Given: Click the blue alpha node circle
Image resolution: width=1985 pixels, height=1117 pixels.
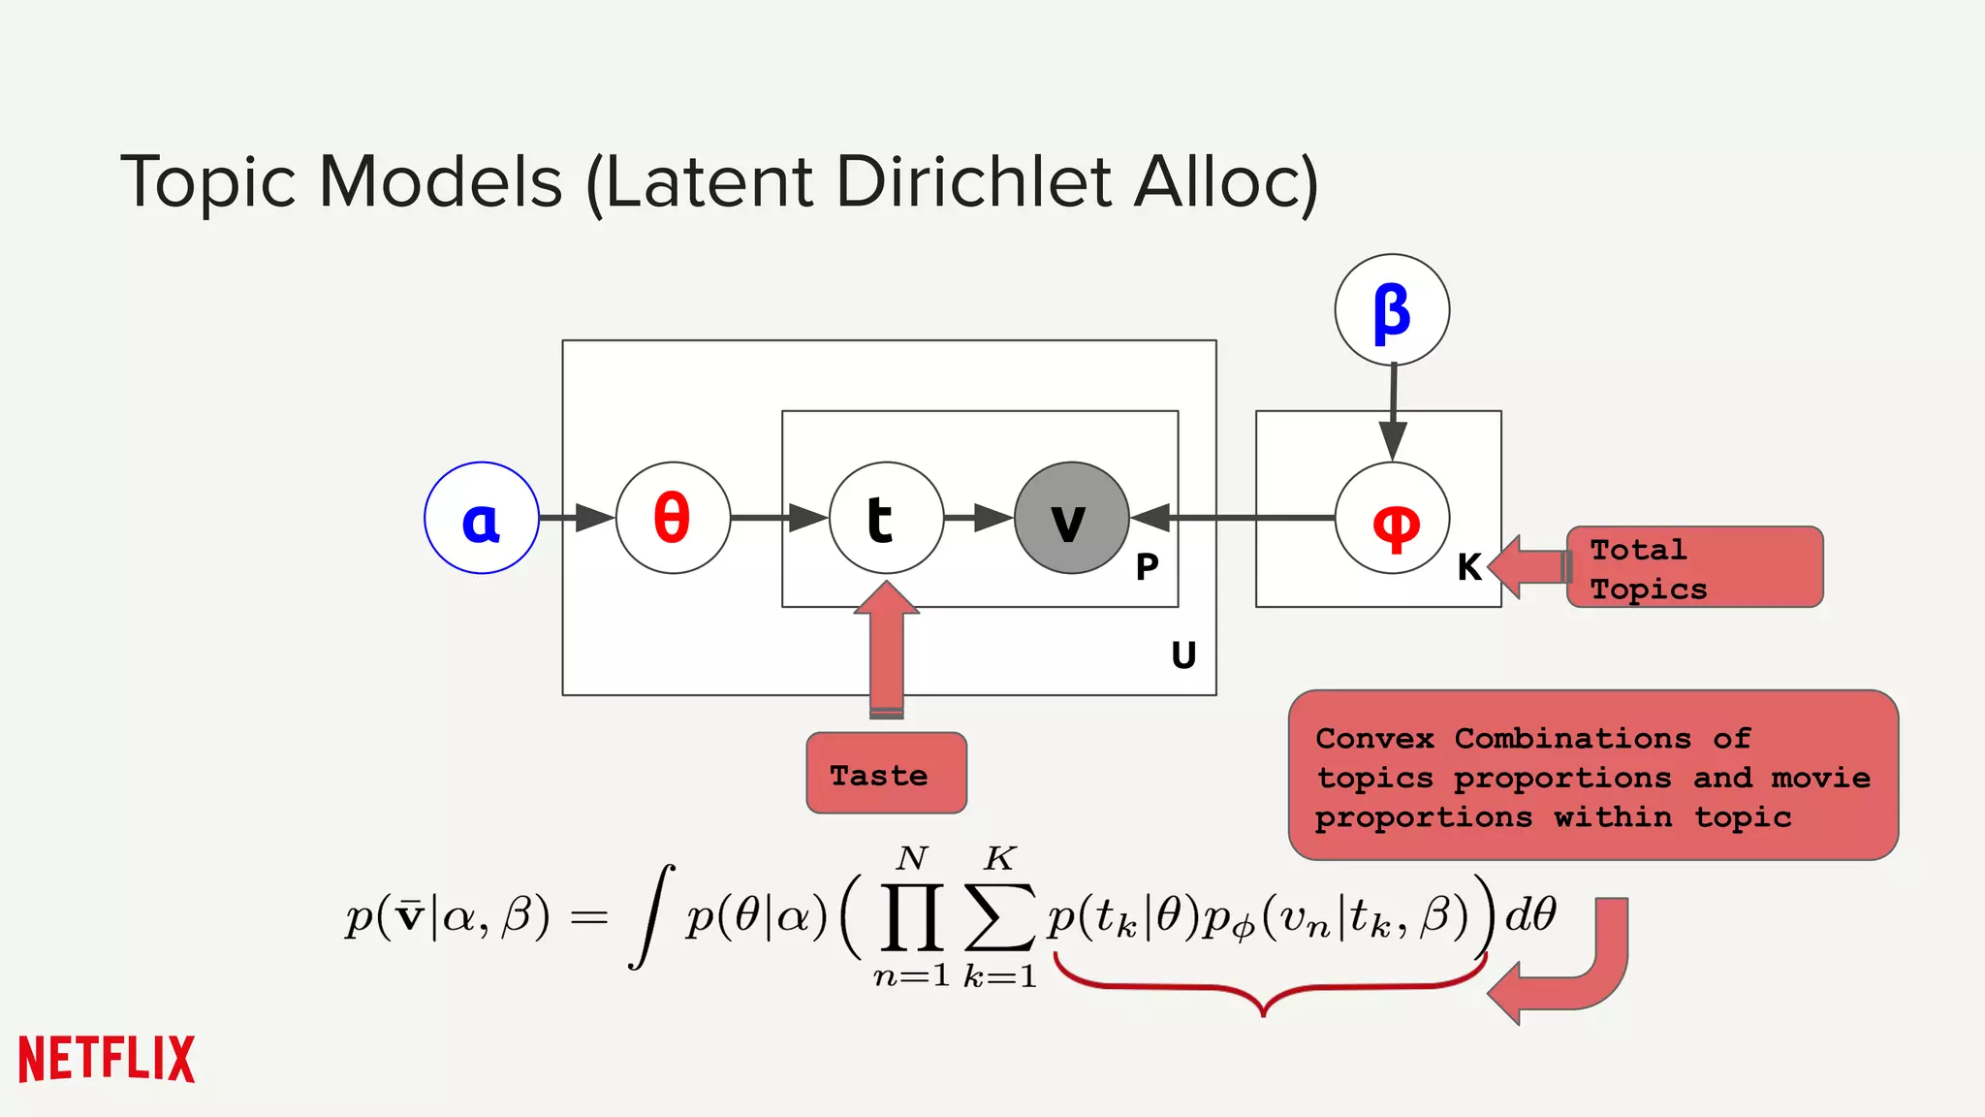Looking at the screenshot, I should point(481,518).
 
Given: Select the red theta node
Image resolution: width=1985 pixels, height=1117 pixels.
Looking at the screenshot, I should point(673,518).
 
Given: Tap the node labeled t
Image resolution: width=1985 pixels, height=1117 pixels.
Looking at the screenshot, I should point(886,518).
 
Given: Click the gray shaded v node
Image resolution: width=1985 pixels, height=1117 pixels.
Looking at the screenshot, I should point(1071,518).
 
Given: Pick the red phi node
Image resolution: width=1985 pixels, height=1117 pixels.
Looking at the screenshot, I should point(1392,518).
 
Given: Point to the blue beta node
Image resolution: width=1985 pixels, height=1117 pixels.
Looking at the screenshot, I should point(1392,310).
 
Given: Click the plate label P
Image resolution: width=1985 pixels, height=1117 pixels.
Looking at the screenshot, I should point(1147,567).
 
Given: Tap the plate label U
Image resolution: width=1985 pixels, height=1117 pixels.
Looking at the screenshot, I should point(1183,656).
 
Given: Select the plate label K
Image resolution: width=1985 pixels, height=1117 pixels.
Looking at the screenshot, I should point(1469,567).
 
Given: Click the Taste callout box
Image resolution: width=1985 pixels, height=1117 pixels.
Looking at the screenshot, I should point(886,773).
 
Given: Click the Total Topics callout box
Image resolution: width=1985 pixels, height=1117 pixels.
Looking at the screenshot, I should point(1693,567).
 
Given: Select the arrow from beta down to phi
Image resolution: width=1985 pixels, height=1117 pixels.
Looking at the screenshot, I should point(1393,412).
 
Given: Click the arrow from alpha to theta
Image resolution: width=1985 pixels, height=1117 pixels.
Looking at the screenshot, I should point(577,518).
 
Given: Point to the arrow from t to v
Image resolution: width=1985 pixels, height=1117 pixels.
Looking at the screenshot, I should point(978,518).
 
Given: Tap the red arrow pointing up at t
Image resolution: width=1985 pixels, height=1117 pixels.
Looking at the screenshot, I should point(887,650).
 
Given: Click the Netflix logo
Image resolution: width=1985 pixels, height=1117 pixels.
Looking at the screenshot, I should point(107,1059).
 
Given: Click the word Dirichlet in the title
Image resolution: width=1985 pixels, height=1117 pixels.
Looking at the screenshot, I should point(972,182).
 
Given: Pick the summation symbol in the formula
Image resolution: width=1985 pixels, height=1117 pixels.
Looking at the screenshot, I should point(999,916).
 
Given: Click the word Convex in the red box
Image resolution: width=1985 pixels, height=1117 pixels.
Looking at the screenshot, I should point(1373,739).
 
